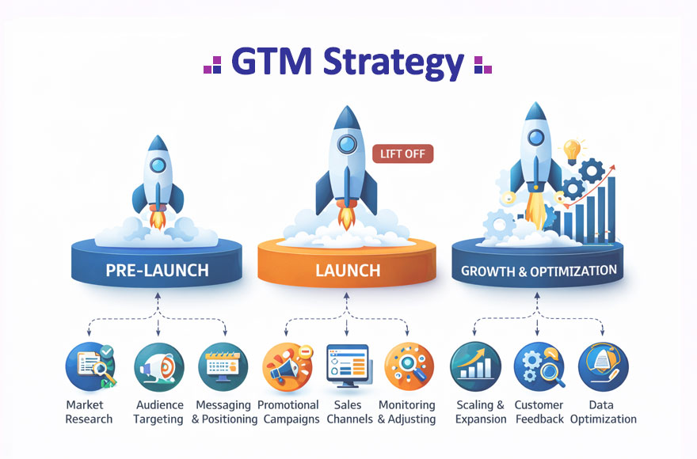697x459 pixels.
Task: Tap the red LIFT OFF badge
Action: point(402,154)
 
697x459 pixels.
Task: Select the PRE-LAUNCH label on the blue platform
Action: point(157,270)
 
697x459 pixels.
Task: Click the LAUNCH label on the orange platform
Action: point(347,270)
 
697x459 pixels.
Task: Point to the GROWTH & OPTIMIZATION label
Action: point(539,271)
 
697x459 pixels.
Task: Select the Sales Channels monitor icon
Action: point(348,366)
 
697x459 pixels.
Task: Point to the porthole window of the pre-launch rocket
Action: point(158,165)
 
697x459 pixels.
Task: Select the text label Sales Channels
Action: point(348,412)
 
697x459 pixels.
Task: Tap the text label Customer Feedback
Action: point(539,412)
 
